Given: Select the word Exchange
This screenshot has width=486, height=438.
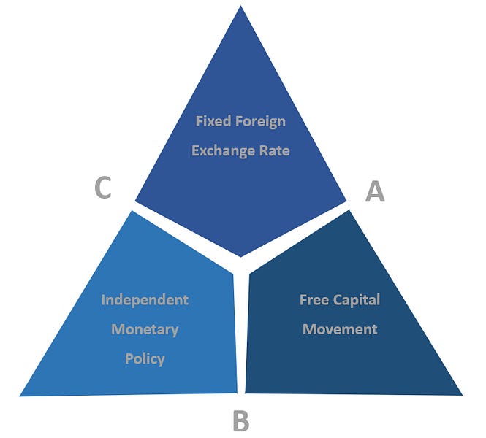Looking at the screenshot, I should [220, 151].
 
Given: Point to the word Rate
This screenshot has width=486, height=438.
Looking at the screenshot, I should [273, 151].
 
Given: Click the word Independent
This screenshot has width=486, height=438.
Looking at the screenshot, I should [145, 300].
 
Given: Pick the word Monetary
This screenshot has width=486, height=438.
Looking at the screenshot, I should [145, 329].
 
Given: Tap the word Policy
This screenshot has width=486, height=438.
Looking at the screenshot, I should [145, 358].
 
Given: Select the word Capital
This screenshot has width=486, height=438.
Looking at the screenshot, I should [360, 300].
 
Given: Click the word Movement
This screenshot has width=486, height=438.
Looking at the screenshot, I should [340, 329].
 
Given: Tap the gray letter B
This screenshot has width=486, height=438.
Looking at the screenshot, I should [240, 421].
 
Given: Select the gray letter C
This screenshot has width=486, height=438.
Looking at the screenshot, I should [103, 188].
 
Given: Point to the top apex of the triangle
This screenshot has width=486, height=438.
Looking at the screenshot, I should [241, 7].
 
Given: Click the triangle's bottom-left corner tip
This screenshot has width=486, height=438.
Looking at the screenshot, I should [20, 396].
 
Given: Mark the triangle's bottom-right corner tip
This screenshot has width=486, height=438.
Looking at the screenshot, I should [462, 394].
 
